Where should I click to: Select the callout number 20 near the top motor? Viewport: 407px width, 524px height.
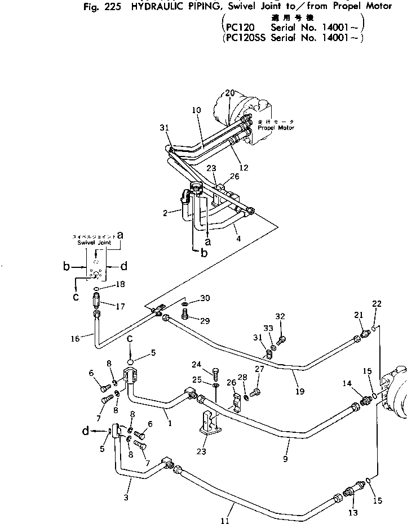point(229,92)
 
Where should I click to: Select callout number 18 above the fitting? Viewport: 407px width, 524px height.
point(119,285)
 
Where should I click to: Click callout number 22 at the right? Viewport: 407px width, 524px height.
point(377,304)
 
